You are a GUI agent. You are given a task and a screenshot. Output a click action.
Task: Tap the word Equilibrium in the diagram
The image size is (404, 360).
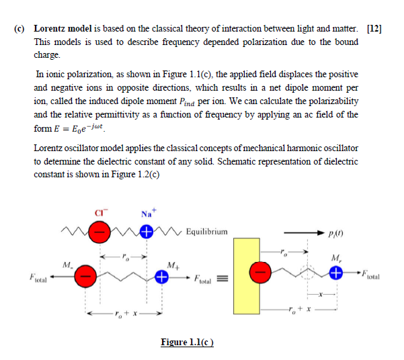pyautogui.click(x=206, y=232)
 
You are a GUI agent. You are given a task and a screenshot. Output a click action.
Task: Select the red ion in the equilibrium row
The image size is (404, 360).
pyautogui.click(x=99, y=233)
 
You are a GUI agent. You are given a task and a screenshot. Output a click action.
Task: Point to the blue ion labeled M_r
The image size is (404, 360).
pyautogui.click(x=337, y=275)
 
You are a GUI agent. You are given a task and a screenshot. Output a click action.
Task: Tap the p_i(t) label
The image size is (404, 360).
pyautogui.click(x=352, y=232)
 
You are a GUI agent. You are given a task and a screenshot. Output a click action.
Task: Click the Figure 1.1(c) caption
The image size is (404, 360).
pyautogui.click(x=187, y=343)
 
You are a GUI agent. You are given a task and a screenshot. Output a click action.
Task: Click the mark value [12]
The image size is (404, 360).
pyautogui.click(x=374, y=30)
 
